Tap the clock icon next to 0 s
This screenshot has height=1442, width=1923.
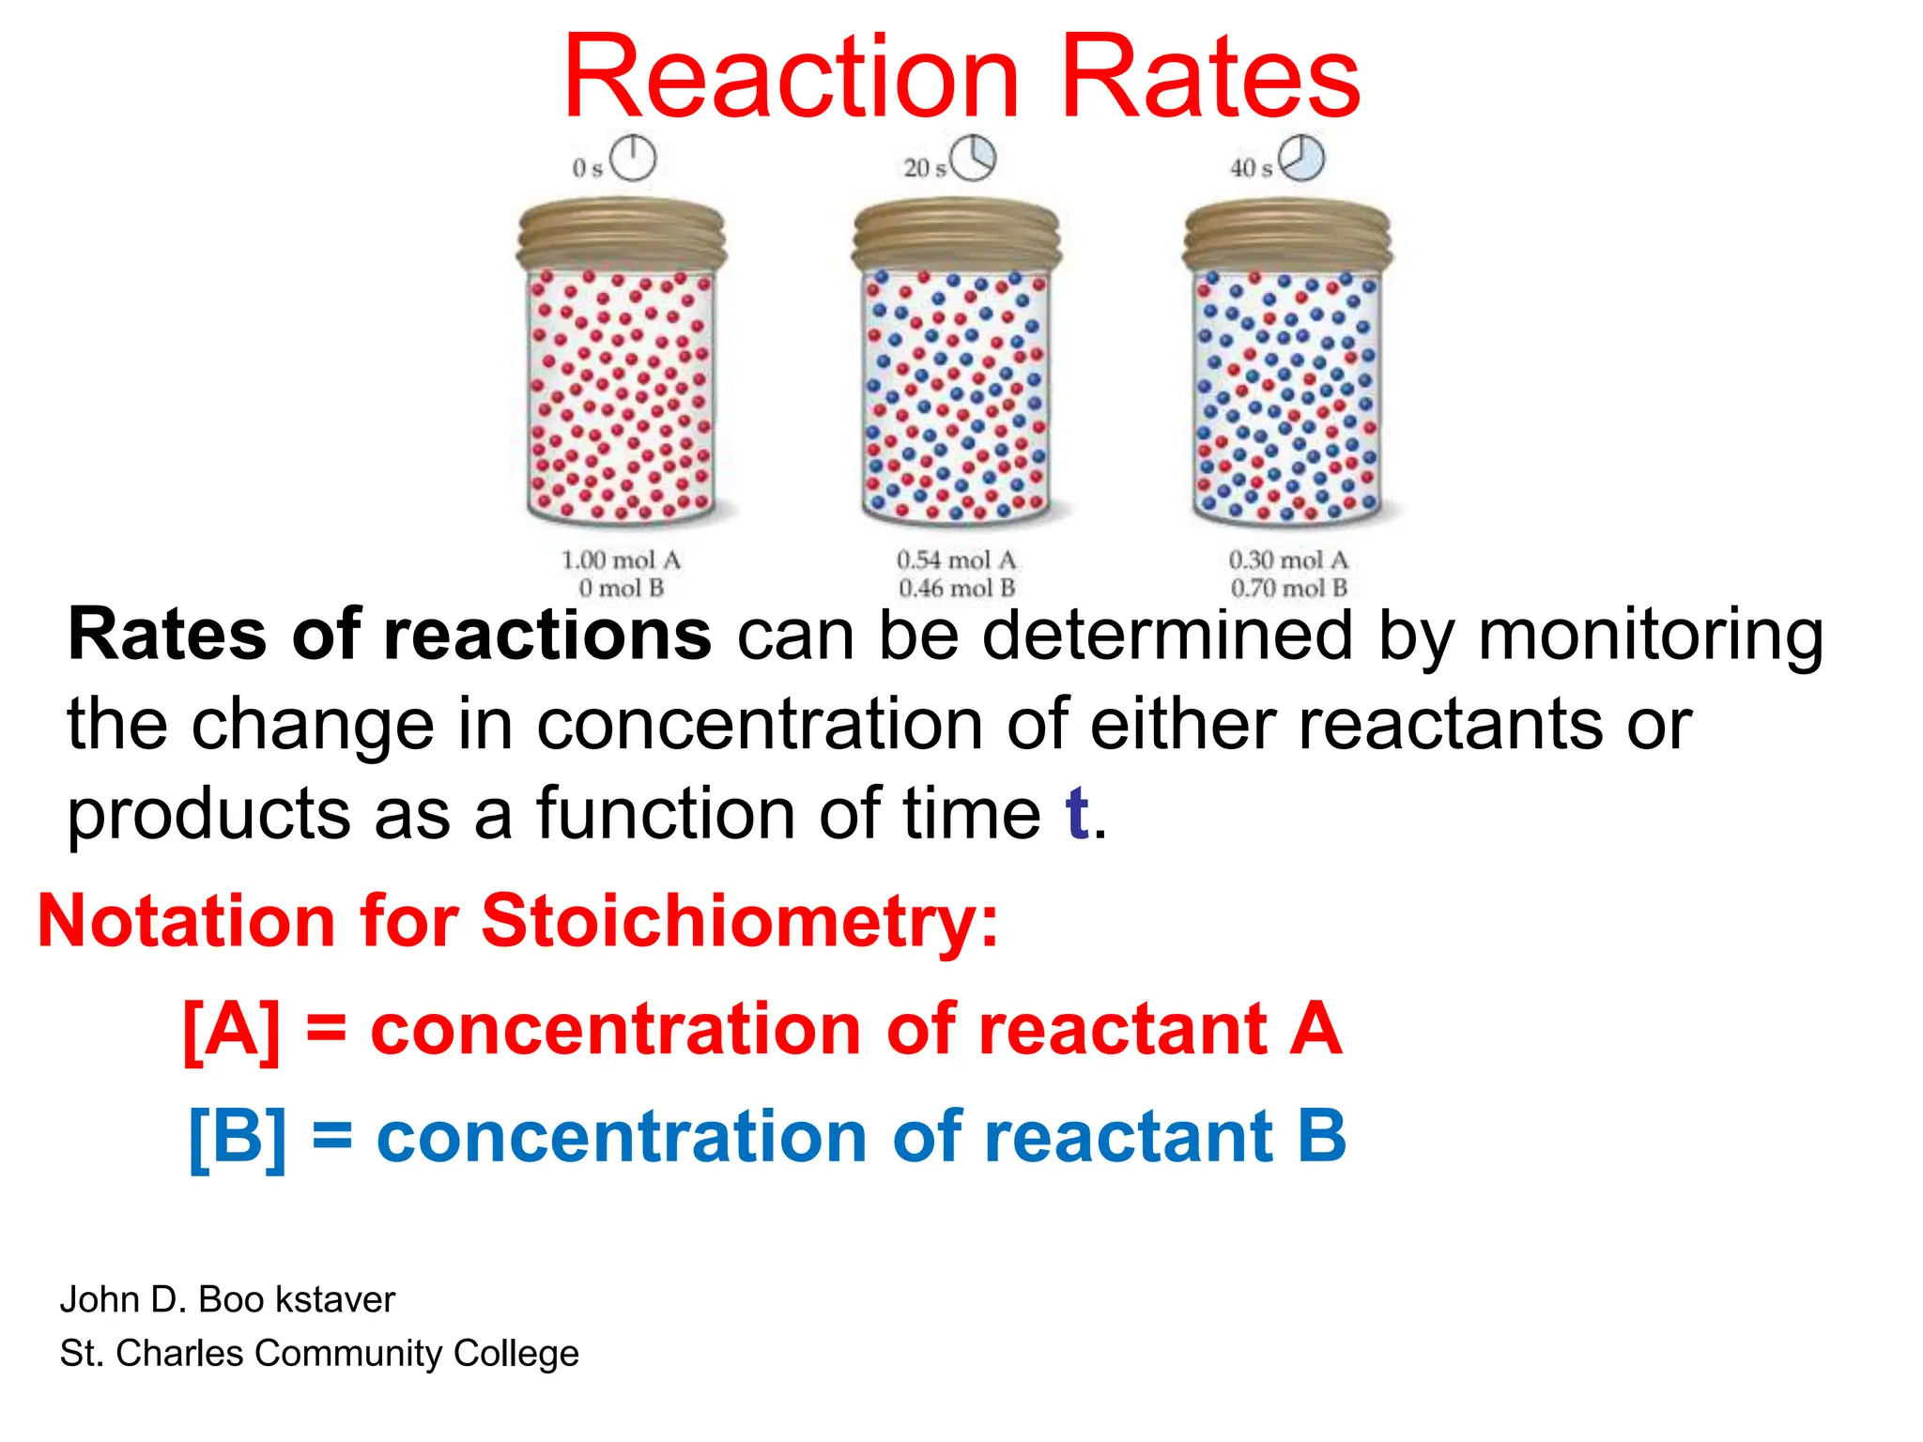[633, 158]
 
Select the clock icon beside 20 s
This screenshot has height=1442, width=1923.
[972, 158]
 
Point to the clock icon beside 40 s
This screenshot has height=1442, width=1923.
[1302, 158]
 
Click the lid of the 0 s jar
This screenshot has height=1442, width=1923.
[622, 235]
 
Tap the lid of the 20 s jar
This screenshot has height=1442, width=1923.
[956, 235]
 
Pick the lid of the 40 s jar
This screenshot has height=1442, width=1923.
[1287, 235]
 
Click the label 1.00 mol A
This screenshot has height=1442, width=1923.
[621, 560]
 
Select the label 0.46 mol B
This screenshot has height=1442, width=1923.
[957, 589]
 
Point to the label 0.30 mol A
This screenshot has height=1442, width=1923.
[1288, 560]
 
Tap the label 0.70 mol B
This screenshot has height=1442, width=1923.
[1288, 589]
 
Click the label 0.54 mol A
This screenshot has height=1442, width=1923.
[957, 560]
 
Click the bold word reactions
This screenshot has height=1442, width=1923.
[547, 636]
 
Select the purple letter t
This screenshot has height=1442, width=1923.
[1077, 813]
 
